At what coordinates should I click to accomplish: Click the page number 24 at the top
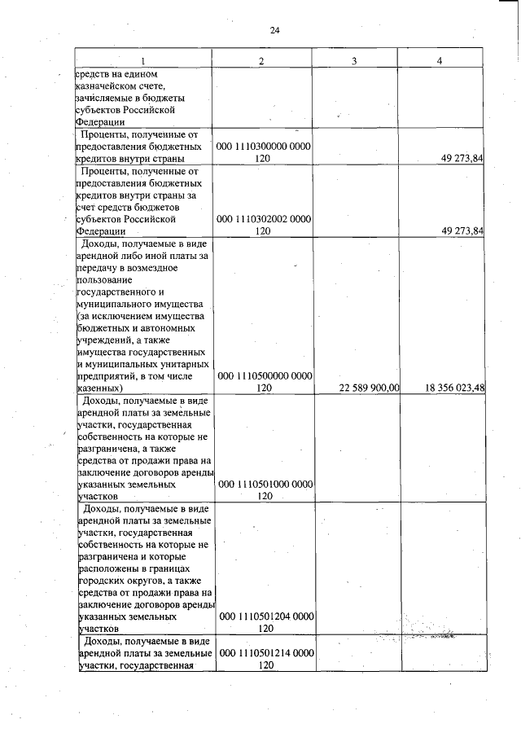(274, 30)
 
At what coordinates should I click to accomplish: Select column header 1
(143, 61)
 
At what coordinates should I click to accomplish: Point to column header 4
(440, 61)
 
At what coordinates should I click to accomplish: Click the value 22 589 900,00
(369, 388)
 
